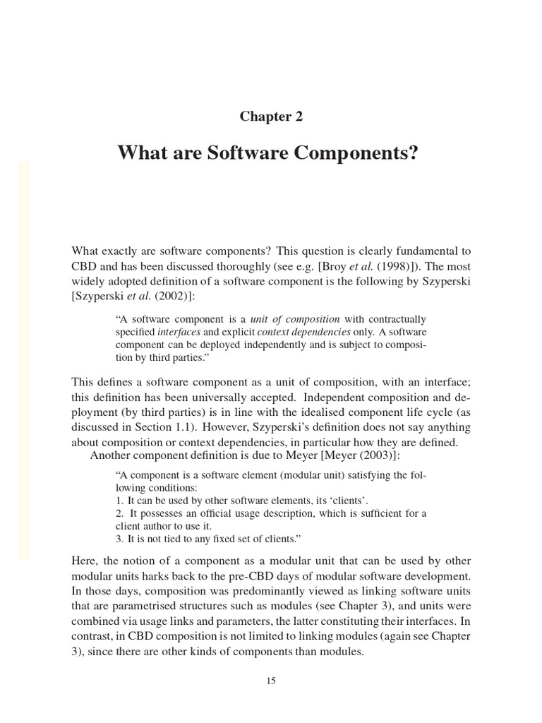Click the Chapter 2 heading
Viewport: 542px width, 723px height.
pos(271,117)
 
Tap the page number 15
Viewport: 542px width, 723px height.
pos(271,681)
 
